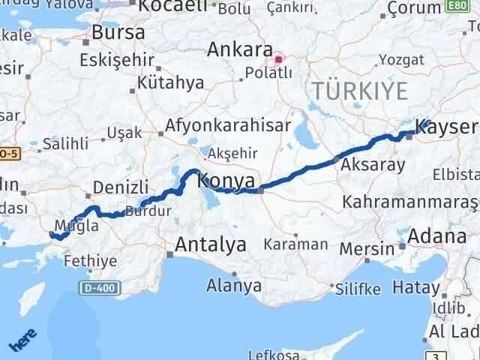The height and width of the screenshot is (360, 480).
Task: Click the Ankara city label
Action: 240,50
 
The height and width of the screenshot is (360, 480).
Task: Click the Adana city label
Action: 439,238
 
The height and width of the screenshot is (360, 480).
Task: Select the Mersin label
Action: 367,248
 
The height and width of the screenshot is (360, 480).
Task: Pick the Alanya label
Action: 235,286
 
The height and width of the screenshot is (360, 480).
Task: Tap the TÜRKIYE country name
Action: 360,91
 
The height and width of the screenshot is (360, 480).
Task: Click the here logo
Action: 22,342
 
